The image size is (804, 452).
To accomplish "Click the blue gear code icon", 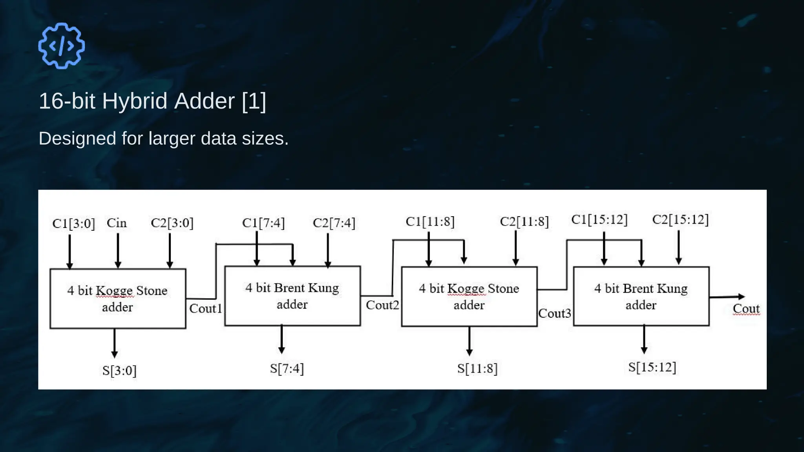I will (61, 46).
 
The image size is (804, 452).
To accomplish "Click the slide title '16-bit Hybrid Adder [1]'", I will (152, 101).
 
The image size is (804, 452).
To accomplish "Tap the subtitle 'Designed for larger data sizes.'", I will (163, 139).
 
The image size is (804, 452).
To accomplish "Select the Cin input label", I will (117, 223).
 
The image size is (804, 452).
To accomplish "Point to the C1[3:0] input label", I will (73, 224).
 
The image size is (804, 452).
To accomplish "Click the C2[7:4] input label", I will (334, 223).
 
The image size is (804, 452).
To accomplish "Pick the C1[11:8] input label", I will (430, 222).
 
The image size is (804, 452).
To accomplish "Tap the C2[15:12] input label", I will (680, 220).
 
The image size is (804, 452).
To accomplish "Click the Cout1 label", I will (205, 308).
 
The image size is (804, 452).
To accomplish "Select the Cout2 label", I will (382, 305).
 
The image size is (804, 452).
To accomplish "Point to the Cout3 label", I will (554, 313).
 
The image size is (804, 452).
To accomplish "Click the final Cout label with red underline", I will (746, 309).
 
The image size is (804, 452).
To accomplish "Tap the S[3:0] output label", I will (119, 370).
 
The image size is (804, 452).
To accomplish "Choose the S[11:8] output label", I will (477, 368).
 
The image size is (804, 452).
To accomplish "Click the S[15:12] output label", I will (652, 367).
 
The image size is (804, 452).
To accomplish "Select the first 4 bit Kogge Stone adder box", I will (118, 299).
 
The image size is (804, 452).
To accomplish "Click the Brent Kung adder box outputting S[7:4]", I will (292, 296).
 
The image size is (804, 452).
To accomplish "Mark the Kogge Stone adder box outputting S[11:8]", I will (469, 297).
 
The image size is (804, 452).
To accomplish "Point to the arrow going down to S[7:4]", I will (281, 339).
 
